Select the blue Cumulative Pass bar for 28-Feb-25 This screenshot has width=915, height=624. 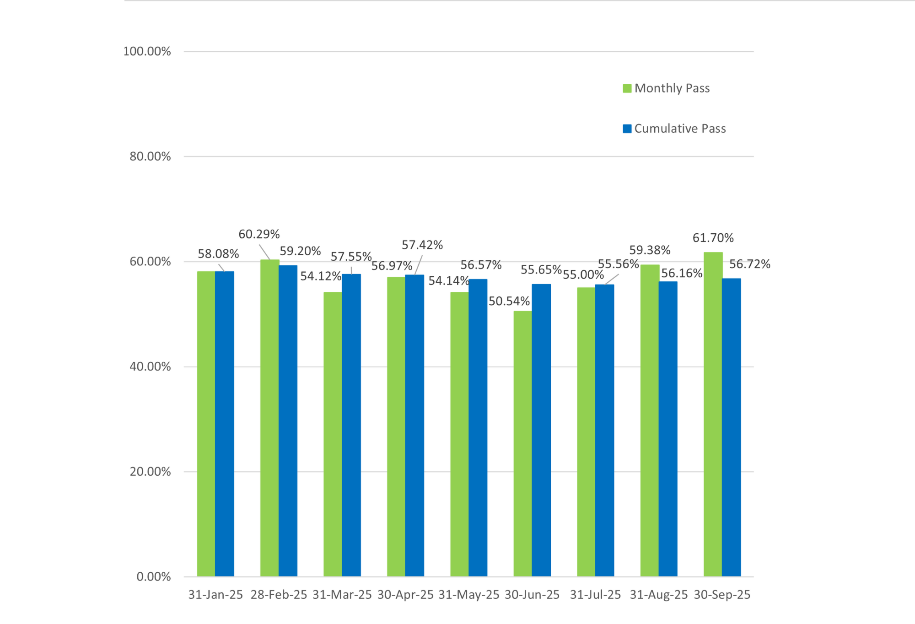[288, 421]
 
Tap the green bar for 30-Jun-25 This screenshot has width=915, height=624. [522, 444]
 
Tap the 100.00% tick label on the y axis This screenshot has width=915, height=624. [147, 51]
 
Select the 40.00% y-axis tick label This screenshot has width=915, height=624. [150, 366]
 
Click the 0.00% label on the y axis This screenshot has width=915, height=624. [153, 576]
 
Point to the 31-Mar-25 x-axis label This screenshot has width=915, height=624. [342, 595]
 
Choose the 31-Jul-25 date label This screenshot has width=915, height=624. [595, 595]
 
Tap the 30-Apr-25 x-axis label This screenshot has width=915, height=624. [405, 595]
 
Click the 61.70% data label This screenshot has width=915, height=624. [713, 238]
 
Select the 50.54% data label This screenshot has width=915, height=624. [509, 301]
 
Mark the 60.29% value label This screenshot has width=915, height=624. [259, 234]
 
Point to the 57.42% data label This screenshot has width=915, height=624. [422, 245]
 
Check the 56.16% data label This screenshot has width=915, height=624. [682, 273]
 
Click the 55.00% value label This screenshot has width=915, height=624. [583, 275]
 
